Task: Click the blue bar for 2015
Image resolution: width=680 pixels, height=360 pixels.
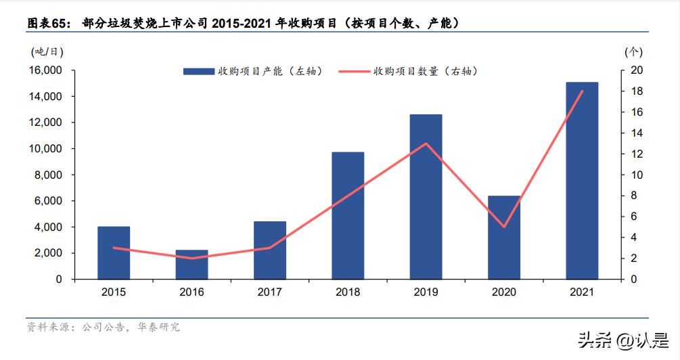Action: click(114, 252)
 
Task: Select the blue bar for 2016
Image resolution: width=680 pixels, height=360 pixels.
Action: click(191, 265)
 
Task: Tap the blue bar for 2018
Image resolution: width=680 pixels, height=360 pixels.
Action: click(348, 215)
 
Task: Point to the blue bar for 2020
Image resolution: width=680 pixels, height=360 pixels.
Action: click(504, 238)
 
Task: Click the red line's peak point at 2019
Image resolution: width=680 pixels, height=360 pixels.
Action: click(426, 143)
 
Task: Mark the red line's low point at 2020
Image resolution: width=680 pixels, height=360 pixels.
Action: click(504, 227)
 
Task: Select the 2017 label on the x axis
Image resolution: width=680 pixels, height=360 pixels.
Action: click(269, 292)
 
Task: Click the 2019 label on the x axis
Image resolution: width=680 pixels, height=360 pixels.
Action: click(426, 292)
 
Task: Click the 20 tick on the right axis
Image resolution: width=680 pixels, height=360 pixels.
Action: click(637, 70)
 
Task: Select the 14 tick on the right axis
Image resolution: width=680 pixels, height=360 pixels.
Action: click(637, 133)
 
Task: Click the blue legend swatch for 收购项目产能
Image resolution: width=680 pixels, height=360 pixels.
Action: click(198, 71)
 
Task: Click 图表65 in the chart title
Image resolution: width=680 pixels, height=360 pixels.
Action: click(48, 24)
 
